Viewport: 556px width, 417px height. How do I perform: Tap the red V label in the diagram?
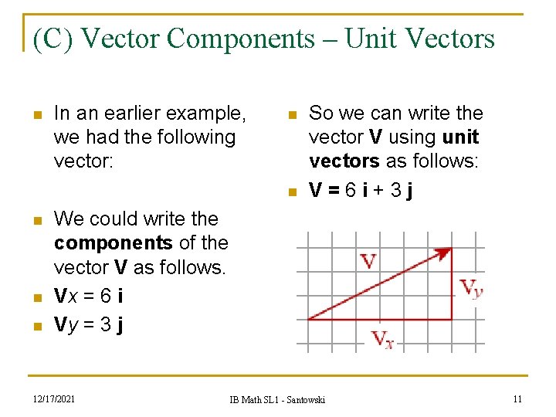(x=368, y=260)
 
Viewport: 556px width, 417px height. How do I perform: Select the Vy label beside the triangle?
(x=471, y=288)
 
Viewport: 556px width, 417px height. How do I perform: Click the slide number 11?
(x=517, y=398)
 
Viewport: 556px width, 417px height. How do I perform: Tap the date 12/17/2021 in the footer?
(x=53, y=398)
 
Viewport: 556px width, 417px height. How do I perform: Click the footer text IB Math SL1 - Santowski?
(x=277, y=399)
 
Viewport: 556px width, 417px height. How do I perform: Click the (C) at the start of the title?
(x=53, y=38)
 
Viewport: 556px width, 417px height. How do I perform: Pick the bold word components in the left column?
(x=114, y=242)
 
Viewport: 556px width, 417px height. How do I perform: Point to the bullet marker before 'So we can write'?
(x=291, y=115)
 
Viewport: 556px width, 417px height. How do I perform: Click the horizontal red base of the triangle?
(x=379, y=318)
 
